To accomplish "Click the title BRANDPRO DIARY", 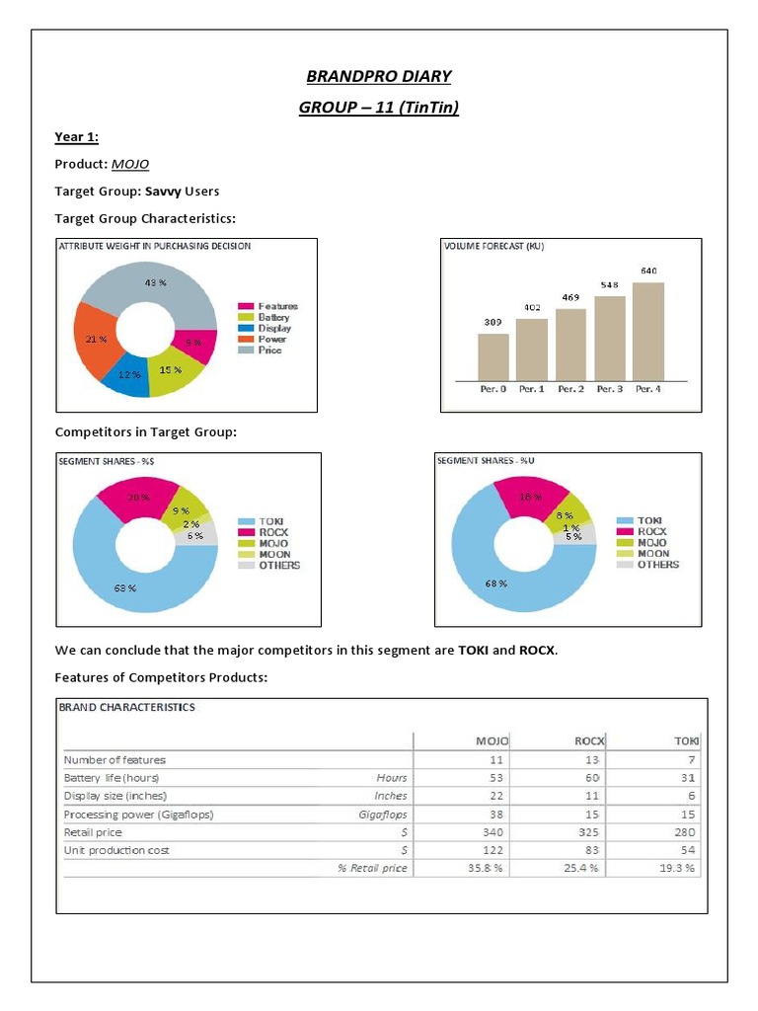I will [379, 76].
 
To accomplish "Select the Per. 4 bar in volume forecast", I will [647, 331].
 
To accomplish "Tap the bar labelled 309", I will [493, 355].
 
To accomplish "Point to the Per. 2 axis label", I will [569, 389].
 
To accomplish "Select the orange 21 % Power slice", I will [97, 341].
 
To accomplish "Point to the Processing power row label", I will [138, 814].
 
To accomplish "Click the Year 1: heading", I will [77, 137].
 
